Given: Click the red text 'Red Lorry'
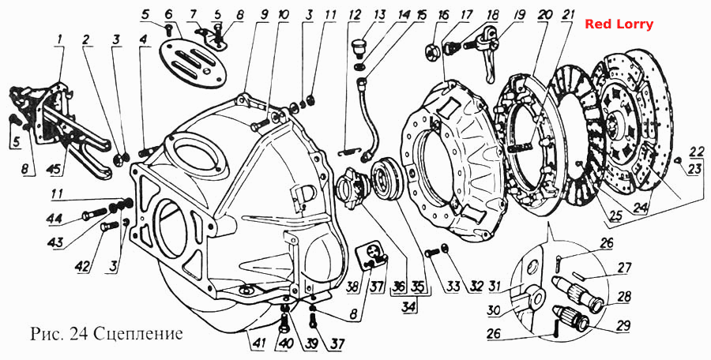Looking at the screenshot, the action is tap(619, 24).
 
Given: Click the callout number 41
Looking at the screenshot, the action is tap(257, 344).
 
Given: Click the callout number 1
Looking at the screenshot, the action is tap(59, 40).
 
